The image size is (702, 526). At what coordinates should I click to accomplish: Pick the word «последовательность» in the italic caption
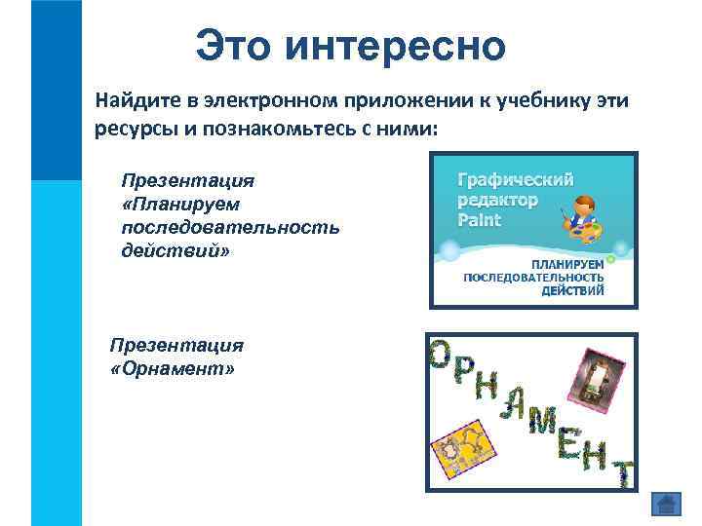click(230, 227)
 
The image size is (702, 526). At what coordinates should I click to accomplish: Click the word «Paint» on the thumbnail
click(479, 220)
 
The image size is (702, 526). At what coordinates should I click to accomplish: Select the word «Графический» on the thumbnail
click(516, 179)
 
